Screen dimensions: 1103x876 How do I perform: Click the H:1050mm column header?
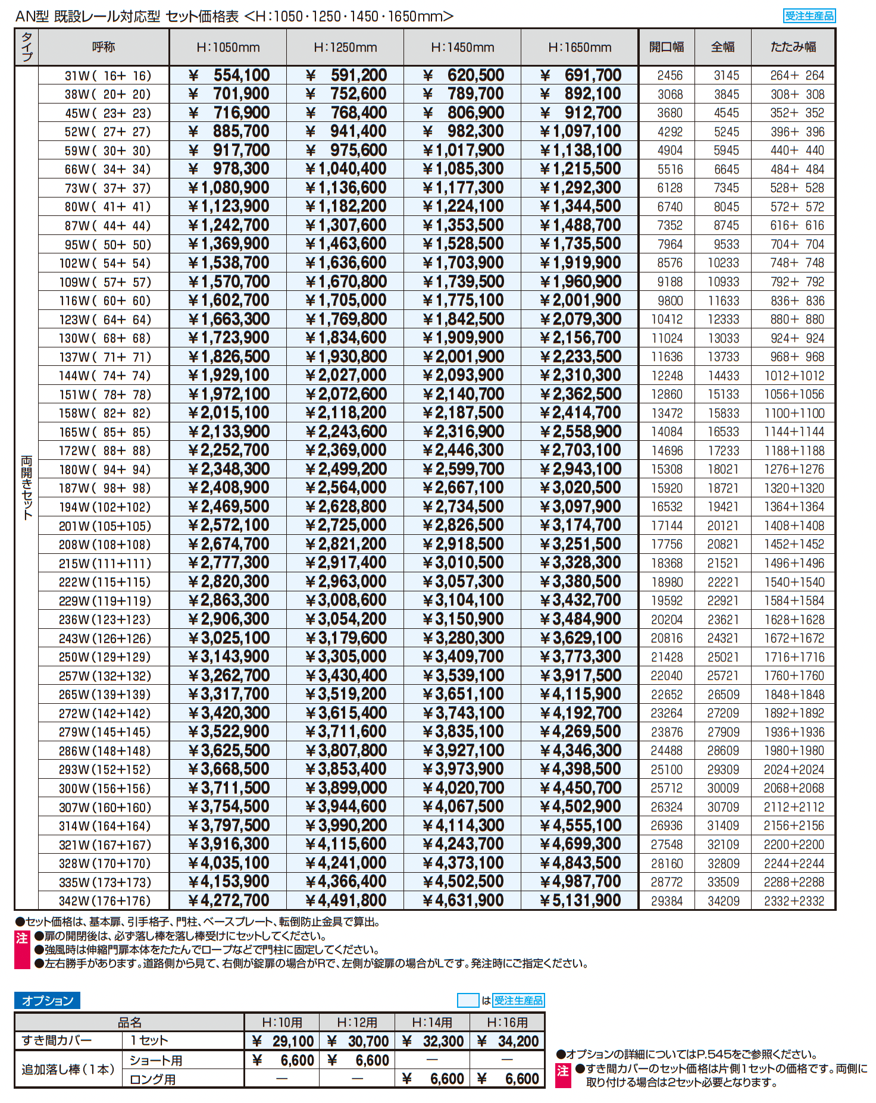point(228,47)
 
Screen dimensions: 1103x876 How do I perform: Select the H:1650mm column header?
point(580,47)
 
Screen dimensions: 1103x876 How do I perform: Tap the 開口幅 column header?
point(667,47)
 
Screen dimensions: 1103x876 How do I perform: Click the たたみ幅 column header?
point(793,47)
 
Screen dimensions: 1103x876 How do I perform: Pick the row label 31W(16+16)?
point(108,76)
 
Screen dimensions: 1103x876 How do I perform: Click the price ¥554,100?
point(229,76)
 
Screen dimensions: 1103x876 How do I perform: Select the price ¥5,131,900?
point(580,901)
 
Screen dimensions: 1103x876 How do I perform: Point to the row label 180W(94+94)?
point(105,469)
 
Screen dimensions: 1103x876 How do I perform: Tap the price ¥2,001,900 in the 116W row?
point(580,300)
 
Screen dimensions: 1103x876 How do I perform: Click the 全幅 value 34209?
point(724,901)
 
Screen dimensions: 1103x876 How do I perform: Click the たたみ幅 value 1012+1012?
point(794,375)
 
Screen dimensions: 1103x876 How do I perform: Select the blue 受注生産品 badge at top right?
point(809,16)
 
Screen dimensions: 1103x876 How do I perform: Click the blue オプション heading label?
point(47,1001)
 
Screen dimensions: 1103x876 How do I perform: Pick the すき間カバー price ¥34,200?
point(508,1041)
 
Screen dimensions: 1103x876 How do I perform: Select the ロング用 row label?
point(153,1079)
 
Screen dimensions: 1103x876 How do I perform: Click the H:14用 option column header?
point(433,1022)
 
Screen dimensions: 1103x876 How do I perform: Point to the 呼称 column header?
point(104,47)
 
